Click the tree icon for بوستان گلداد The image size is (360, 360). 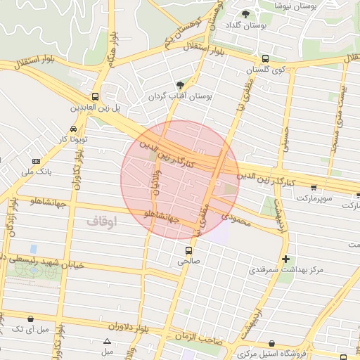click(x=245, y=14)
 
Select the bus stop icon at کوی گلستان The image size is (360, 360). click(x=264, y=59)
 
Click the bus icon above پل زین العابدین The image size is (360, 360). click(x=95, y=97)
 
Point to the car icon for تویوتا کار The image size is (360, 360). click(x=74, y=129)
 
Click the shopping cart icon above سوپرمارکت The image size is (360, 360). click(x=313, y=188)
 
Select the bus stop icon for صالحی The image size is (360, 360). click(x=188, y=250)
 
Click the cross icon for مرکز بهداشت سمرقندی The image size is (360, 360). click(x=285, y=259)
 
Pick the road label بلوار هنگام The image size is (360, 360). click(x=111, y=52)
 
